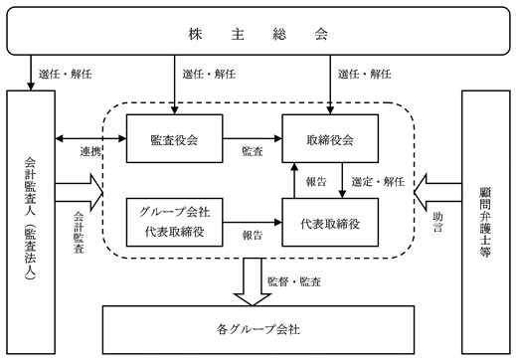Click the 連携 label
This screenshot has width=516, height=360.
(90, 151)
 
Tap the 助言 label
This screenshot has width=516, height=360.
(437, 222)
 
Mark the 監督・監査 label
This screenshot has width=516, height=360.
(294, 281)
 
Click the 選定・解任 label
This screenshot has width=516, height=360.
(378, 182)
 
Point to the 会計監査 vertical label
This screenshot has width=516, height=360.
(79, 233)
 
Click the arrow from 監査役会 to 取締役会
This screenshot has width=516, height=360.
(253, 138)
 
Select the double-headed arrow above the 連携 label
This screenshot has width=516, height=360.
(90, 138)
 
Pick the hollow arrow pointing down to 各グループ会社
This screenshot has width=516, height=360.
(253, 281)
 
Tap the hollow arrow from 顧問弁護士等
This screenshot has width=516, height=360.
(437, 192)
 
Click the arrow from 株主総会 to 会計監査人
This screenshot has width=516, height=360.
(31, 73)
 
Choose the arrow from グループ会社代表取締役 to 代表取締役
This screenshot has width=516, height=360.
(253, 222)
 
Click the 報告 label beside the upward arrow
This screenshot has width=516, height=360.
(316, 182)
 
